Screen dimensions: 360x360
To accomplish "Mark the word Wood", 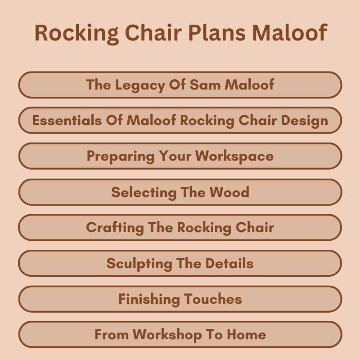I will (229, 192).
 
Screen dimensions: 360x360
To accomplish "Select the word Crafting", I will (115, 228).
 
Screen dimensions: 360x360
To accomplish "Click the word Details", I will (229, 263).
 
